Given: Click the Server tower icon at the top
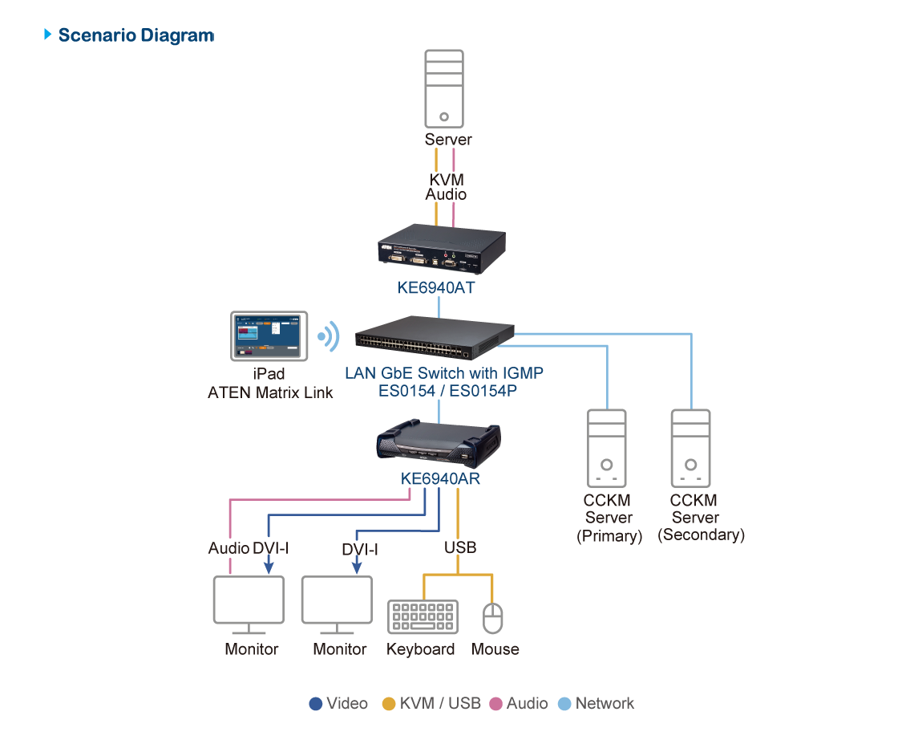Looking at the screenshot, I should (x=444, y=88).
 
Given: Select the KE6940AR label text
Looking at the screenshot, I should (x=440, y=479).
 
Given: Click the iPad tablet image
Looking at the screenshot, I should (x=269, y=335).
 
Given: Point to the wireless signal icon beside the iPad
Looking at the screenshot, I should (x=328, y=337).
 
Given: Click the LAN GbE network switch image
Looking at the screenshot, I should (x=436, y=339).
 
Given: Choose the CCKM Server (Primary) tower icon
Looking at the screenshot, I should (x=607, y=449).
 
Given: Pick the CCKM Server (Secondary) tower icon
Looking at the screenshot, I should (x=691, y=449).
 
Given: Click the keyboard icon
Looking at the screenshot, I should (x=423, y=617).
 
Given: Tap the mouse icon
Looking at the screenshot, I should (x=492, y=618).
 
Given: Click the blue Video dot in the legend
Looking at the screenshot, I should (x=316, y=704).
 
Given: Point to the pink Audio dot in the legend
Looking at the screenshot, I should (x=496, y=704).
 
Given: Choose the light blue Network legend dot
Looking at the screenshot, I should (x=564, y=704).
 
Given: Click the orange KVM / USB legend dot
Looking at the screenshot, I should (x=389, y=704).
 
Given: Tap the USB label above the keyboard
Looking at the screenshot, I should (x=460, y=547).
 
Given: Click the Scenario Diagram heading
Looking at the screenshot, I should (x=135, y=35).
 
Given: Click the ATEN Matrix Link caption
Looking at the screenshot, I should (x=270, y=392).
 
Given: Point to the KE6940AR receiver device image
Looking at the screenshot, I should (x=439, y=444).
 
